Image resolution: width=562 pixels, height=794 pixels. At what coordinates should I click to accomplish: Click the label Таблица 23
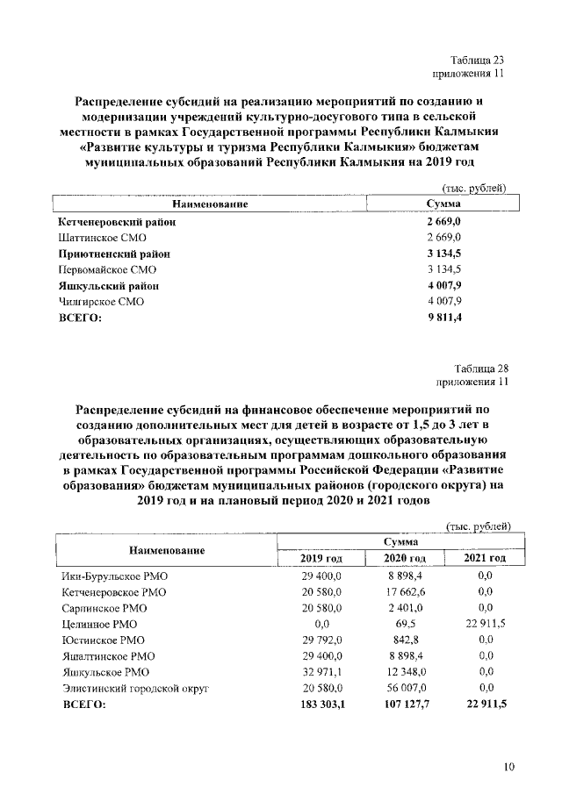pyautogui.click(x=478, y=61)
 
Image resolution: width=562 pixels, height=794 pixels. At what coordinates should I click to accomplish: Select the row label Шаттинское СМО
pyautogui.click(x=100, y=238)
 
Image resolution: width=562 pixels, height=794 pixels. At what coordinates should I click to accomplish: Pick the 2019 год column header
pyautogui.click(x=321, y=558)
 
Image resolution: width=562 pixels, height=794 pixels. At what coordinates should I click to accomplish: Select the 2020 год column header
pyautogui.click(x=405, y=558)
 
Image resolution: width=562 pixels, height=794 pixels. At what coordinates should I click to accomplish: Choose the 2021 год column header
pyautogui.click(x=484, y=558)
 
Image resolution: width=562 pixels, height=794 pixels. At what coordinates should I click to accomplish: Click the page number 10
pyautogui.click(x=508, y=768)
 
